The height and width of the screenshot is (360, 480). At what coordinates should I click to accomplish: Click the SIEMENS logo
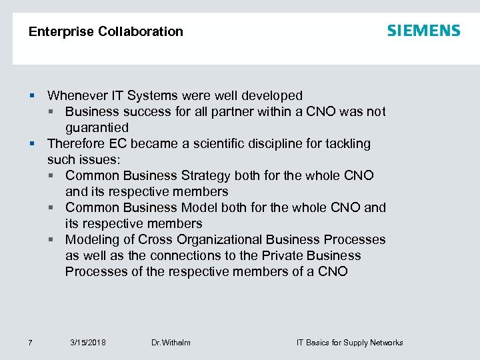click(423, 31)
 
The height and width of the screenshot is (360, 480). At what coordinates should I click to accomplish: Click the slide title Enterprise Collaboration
click(106, 31)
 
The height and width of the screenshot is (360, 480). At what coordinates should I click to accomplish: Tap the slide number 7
click(30, 343)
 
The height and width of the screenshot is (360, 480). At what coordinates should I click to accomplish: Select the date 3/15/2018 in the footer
click(88, 343)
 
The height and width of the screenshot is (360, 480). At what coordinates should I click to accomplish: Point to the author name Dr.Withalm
click(171, 343)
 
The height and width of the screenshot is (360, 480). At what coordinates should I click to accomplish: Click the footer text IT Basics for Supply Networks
click(349, 343)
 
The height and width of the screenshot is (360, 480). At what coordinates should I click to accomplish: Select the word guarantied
click(97, 127)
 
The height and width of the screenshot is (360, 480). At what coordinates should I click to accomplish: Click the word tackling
click(346, 143)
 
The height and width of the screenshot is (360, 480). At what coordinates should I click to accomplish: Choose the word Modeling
click(92, 239)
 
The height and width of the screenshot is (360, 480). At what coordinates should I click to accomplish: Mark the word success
click(142, 111)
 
